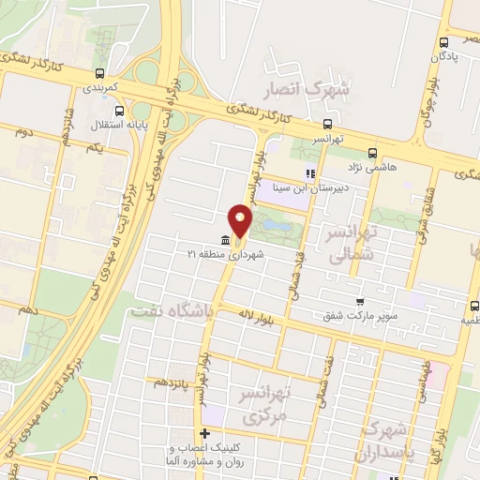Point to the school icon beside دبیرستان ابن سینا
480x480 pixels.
coord(309,172)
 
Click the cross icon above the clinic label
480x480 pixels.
coord(205,433)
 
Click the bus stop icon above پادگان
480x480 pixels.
coord(442,41)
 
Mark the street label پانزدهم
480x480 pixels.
coord(174,383)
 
